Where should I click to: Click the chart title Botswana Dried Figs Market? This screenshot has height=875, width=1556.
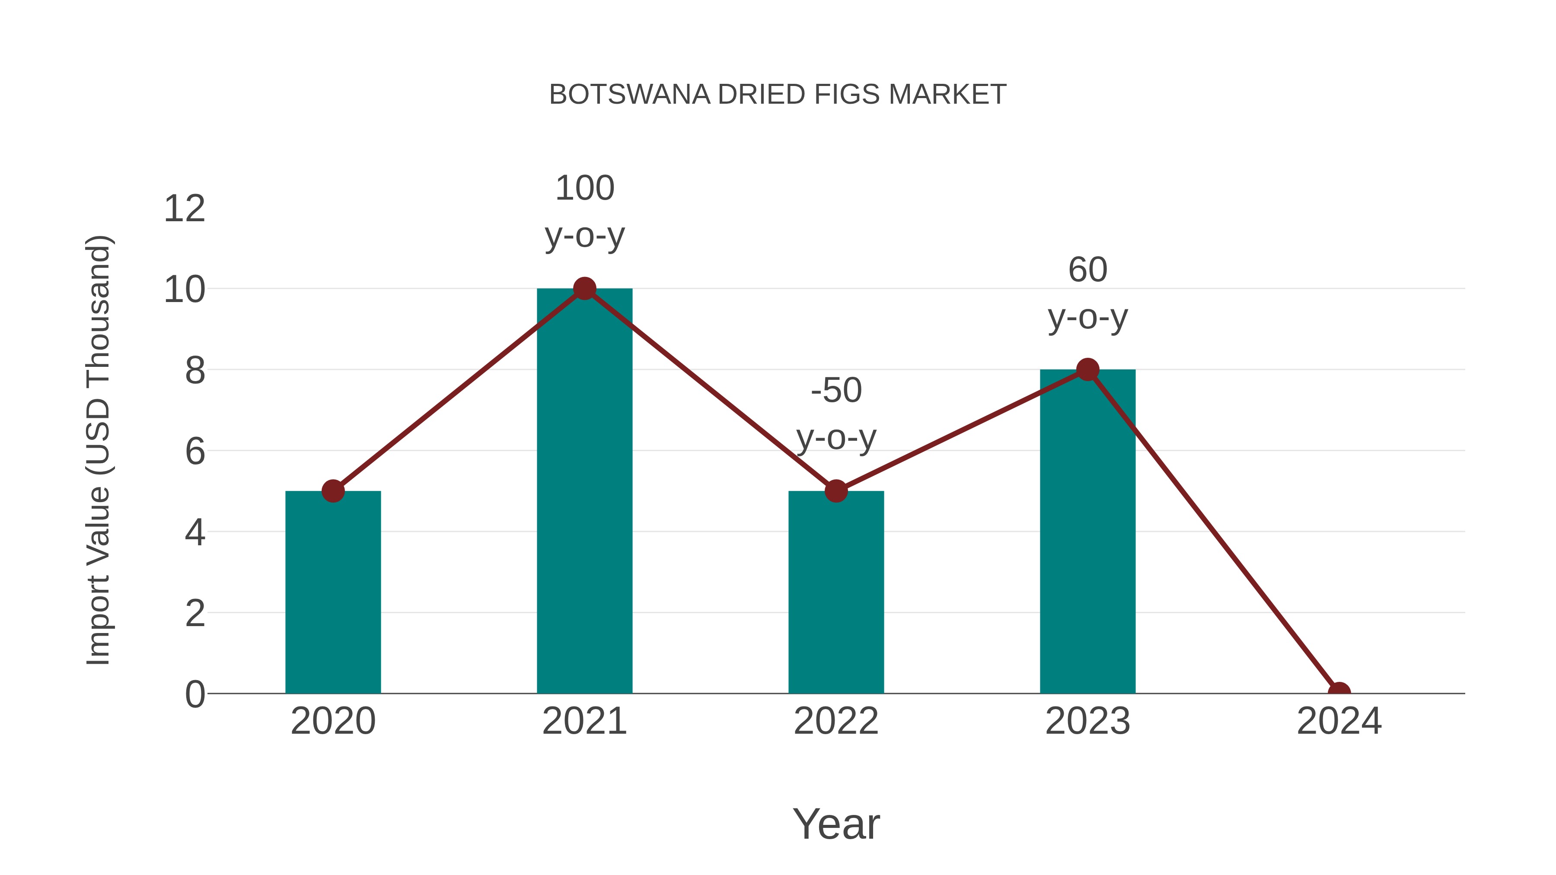tap(778, 95)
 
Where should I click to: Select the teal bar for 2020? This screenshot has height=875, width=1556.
tap(333, 598)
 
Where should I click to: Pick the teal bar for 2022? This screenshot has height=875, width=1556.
tap(836, 598)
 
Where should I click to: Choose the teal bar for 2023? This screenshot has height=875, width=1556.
tap(1087, 538)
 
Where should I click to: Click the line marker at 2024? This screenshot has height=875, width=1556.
tap(1339, 692)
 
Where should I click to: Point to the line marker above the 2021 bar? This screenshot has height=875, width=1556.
tap(584, 289)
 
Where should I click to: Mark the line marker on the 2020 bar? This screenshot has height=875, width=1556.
tap(333, 491)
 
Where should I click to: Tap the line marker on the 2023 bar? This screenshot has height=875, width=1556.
tap(1087, 369)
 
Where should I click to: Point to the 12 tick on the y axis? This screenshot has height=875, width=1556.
tap(185, 209)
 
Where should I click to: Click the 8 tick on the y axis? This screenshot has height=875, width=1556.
tap(195, 371)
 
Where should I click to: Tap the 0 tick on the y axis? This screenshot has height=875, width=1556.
tap(195, 694)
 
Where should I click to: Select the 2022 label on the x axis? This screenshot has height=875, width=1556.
tap(836, 721)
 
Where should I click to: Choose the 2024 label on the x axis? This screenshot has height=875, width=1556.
tap(1339, 721)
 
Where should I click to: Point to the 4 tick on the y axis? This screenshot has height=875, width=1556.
tap(195, 533)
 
